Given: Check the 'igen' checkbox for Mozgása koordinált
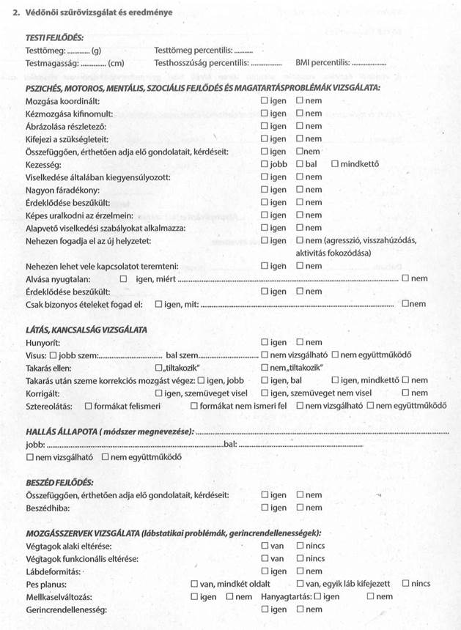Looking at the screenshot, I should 265,101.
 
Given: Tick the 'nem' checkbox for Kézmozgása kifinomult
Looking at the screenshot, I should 300,114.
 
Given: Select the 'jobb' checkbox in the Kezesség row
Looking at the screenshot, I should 265,164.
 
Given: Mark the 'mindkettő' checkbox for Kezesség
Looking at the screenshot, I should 335,164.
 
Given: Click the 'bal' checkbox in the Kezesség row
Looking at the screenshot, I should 300,164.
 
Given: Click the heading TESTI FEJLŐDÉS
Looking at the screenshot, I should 55,37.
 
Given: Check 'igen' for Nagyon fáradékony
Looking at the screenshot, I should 265,190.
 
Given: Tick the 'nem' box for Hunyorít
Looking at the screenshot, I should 300,342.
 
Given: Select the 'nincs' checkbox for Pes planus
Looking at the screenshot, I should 406,584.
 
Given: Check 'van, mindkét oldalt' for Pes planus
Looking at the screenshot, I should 194,584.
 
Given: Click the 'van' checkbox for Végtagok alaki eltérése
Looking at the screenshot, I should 265,546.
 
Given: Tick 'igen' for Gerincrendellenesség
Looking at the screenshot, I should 265,609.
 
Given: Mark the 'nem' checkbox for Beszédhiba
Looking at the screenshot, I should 300,508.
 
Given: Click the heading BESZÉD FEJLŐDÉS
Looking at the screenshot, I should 59,482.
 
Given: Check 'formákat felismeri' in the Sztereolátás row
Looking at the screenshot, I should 89,406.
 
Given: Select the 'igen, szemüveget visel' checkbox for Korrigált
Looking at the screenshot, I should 159,393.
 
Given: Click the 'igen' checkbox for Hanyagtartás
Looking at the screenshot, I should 317,597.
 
